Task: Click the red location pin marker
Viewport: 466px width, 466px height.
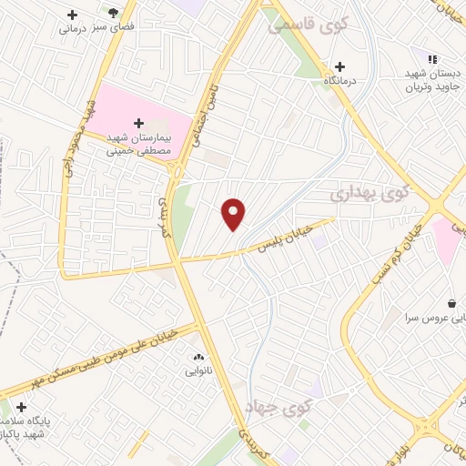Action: coord(234,214)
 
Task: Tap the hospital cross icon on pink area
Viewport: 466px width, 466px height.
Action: coord(139,123)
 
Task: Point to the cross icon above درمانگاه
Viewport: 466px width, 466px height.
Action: coord(339,66)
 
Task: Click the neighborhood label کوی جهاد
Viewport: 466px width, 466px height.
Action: coord(279,409)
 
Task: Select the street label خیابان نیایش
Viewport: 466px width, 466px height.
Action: coord(289,234)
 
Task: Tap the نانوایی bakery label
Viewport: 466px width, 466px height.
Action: coord(198,370)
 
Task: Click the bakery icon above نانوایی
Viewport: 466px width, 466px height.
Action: coord(198,355)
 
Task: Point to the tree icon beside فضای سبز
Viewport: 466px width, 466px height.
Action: coord(113,13)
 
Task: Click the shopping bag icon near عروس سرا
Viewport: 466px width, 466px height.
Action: coord(451,302)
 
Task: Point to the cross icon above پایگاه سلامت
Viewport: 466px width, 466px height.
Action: coord(21,407)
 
